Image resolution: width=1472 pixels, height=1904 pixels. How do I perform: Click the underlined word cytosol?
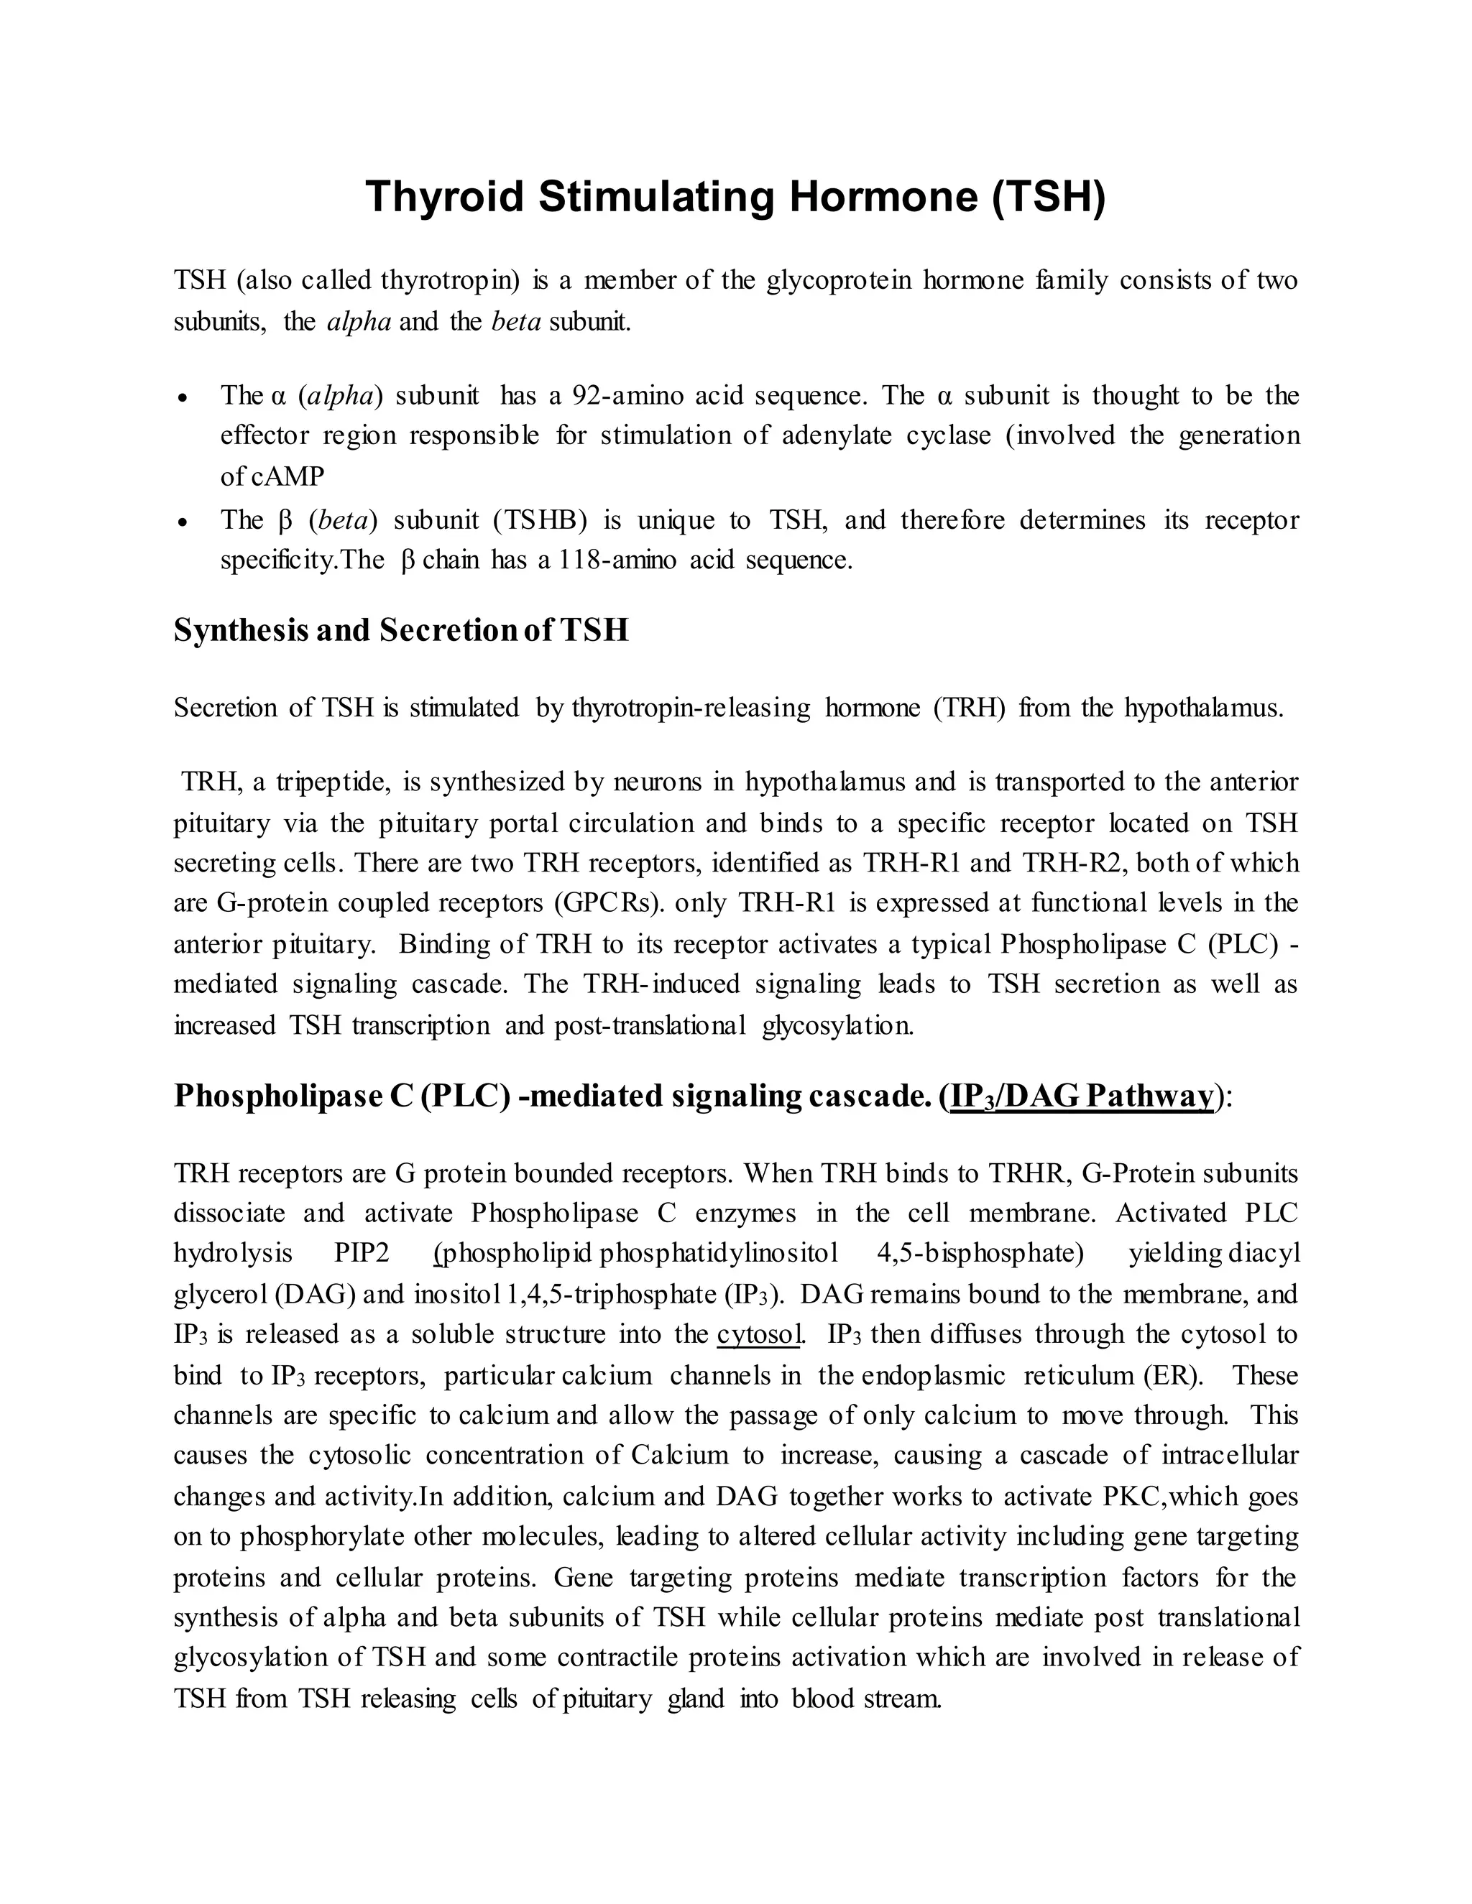[x=757, y=1334]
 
